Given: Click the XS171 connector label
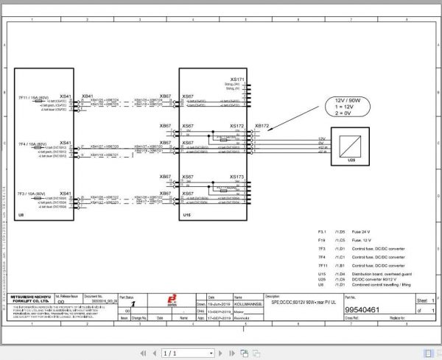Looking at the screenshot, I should coord(236,79).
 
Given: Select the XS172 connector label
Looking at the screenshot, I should coord(236,126).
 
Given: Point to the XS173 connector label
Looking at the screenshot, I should coord(236,177).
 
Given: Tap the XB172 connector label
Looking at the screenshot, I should coord(262,126).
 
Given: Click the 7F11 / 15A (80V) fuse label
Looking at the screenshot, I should coord(33,96).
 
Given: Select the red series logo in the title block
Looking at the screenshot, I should coord(163,300).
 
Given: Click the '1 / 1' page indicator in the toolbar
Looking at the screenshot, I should coord(170,353).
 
